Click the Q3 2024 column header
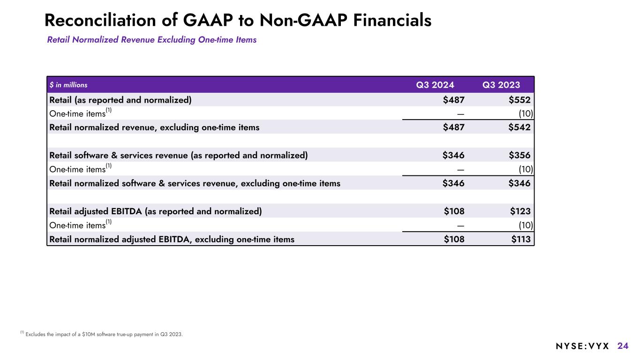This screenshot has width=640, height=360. pyautogui.click(x=435, y=85)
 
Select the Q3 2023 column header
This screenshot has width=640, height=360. pyautogui.click(x=501, y=85)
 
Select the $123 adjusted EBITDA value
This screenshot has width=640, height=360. pyautogui.click(x=520, y=211)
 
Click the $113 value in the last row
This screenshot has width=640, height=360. pyautogui.click(x=520, y=240)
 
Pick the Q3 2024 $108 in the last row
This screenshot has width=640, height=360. pyautogui.click(x=454, y=240)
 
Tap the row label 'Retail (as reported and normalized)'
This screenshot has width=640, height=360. pyautogui.click(x=120, y=99)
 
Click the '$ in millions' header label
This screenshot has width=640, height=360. pyautogui.click(x=68, y=85)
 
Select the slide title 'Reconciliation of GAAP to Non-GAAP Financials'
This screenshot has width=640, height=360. pyautogui.click(x=238, y=20)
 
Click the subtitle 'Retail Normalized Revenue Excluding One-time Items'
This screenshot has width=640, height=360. pyautogui.click(x=152, y=40)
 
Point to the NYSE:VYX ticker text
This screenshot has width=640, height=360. pyautogui.click(x=582, y=346)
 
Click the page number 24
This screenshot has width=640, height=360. pyautogui.click(x=623, y=346)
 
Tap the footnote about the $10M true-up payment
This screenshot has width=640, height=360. pyautogui.click(x=104, y=334)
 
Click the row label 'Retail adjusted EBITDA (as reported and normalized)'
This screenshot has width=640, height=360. pyautogui.click(x=156, y=211)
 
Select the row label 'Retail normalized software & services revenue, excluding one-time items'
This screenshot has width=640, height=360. pyautogui.click(x=195, y=183)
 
